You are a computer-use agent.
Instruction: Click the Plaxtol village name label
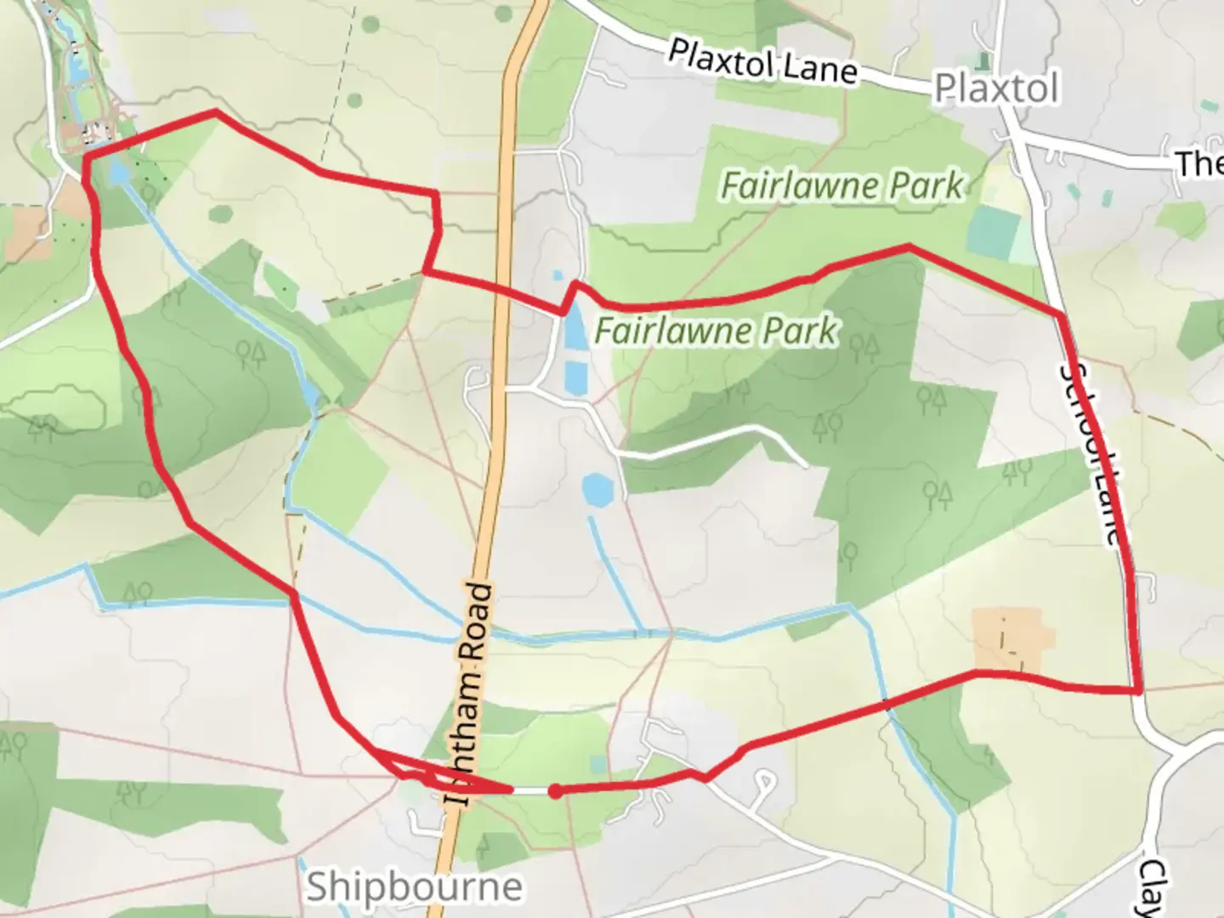coord(996,88)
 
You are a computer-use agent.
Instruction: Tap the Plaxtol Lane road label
coord(762,61)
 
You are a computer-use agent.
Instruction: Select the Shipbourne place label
coord(414,887)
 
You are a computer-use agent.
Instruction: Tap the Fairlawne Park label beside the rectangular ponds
coord(716,331)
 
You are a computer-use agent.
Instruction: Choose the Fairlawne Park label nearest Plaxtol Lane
coord(842,185)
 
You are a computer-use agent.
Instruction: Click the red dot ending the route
coord(554,791)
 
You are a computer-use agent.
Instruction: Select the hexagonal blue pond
coord(598,490)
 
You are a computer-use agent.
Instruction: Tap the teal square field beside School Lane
coord(993,224)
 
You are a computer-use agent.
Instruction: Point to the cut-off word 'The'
coord(1200,163)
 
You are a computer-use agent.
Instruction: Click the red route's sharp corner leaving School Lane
coord(1137,691)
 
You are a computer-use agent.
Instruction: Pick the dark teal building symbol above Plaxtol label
coord(984,62)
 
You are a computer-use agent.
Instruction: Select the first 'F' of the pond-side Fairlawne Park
coord(604,331)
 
